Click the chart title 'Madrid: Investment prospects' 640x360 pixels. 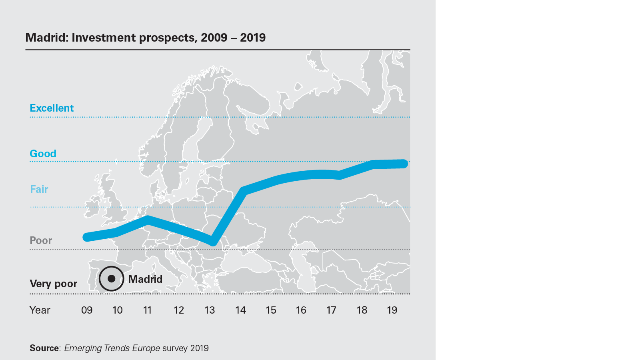(145, 38)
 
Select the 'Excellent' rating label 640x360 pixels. (52, 108)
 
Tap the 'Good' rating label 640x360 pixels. (43, 154)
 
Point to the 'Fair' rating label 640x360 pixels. (39, 189)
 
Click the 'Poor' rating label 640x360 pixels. (41, 240)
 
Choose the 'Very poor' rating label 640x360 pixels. (53, 284)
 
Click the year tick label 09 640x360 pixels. (87, 310)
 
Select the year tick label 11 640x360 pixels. (147, 310)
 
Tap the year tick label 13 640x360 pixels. (210, 310)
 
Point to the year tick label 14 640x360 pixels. (240, 310)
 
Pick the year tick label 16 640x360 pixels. (301, 310)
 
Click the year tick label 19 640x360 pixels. (392, 310)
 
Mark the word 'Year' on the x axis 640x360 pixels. (40, 310)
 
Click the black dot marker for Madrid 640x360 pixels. (112, 278)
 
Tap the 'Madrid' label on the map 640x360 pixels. (145, 279)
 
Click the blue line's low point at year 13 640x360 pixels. (213, 242)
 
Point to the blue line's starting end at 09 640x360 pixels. (86, 237)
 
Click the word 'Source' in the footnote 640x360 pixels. (44, 348)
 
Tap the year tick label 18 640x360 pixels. (362, 310)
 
